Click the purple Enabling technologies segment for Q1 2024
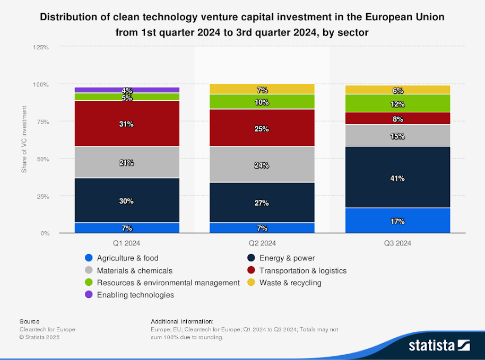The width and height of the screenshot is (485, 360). [x=127, y=90]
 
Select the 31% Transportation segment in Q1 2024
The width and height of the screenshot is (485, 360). [x=127, y=124]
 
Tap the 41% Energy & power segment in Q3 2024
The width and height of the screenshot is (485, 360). [x=397, y=178]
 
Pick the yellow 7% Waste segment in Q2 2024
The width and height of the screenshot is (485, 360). [x=262, y=89]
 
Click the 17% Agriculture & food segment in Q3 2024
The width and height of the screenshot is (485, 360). [x=397, y=221]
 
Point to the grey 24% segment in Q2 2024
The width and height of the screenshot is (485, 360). [x=262, y=164]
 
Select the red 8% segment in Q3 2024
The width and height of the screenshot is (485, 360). [x=397, y=119]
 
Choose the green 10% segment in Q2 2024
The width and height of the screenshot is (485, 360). [x=262, y=102]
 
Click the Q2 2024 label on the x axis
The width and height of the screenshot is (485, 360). [x=262, y=244]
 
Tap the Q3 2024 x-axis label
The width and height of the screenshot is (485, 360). [x=397, y=244]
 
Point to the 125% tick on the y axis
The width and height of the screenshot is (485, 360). [x=41, y=47]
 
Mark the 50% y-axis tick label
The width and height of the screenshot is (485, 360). [x=42, y=159]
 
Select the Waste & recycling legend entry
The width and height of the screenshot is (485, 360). [x=290, y=283]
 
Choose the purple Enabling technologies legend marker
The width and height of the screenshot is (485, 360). [x=89, y=295]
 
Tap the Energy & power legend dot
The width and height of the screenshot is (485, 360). [x=252, y=258]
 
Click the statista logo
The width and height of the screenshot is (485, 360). [x=439, y=346]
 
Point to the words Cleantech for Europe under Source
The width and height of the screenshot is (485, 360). [x=47, y=329]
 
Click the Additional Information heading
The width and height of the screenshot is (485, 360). [x=182, y=321]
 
